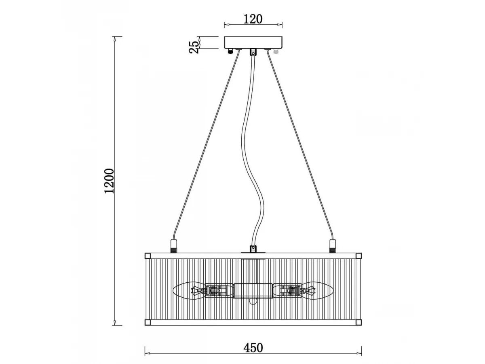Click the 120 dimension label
click(253, 19)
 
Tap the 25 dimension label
click(194, 47)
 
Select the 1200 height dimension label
click(109, 181)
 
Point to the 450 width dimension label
click(253, 348)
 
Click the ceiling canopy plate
click(253, 42)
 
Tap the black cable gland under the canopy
click(230, 51)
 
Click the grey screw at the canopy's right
click(276, 51)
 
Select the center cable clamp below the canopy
click(253, 52)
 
